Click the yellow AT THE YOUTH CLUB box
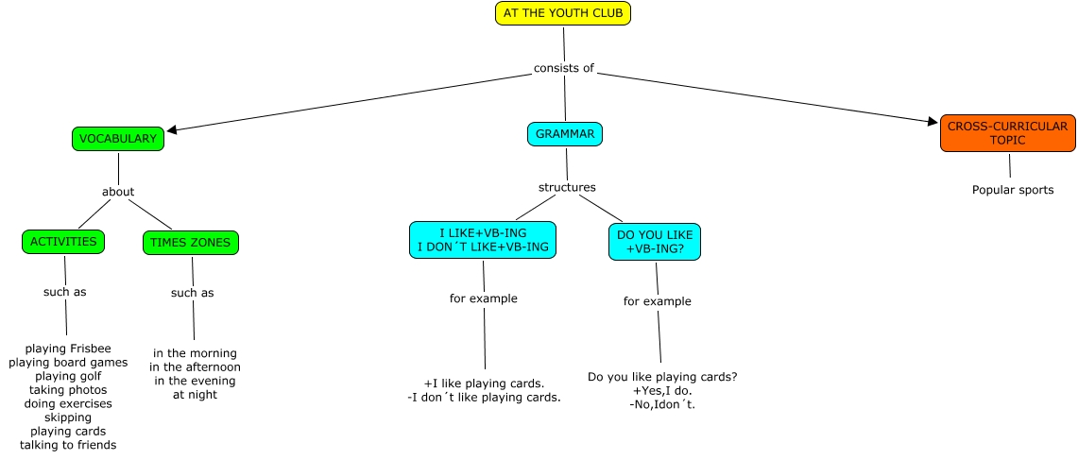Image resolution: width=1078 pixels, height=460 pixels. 562,13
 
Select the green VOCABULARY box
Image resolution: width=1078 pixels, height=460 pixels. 118,138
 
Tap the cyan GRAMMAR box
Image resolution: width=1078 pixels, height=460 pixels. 565,134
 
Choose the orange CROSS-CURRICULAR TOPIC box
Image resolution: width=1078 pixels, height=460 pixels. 1007,133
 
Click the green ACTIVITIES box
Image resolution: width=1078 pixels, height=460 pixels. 63,242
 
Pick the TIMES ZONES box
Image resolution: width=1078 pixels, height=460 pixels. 191,243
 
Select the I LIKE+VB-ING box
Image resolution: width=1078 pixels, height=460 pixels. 482,240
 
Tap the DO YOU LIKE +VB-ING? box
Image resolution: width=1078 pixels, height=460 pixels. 656,242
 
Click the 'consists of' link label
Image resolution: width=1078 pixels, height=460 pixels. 564,68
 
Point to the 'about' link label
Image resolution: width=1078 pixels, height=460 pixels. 118,192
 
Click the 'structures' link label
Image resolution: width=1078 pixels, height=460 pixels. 567,187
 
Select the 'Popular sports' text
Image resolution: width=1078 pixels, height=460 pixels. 1013,190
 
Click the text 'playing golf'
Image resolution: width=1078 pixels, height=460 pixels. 68,376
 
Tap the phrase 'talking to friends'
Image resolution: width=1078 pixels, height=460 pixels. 68,444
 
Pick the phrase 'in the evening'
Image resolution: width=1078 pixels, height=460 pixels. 195,381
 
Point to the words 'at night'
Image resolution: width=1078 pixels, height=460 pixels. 195,395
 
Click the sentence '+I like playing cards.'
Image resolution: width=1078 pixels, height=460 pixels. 484,383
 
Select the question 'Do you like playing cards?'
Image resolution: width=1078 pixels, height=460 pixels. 662,377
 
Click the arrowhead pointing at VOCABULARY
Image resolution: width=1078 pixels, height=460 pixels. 172,129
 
